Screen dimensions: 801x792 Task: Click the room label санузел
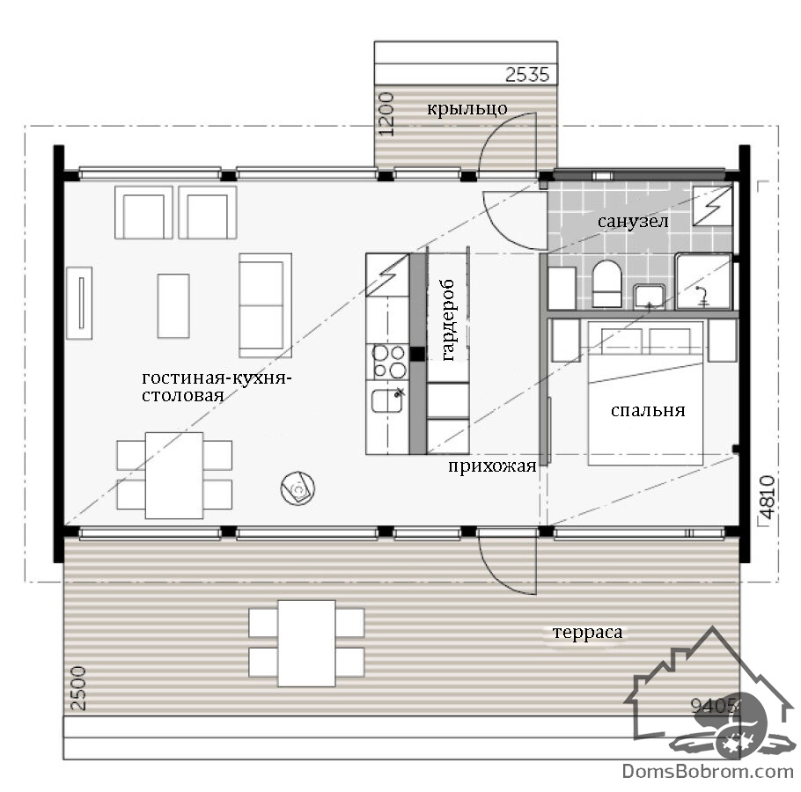[x=632, y=222]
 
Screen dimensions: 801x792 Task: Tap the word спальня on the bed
[x=647, y=411]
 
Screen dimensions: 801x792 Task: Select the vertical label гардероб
[x=447, y=320]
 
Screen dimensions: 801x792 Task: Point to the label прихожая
[x=492, y=466]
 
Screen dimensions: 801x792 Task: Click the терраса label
[x=587, y=632]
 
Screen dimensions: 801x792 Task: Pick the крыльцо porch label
[x=467, y=109]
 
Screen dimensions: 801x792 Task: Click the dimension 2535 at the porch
[x=527, y=75]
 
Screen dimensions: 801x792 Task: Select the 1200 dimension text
[x=387, y=114]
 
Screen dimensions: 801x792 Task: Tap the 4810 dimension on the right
[x=767, y=497]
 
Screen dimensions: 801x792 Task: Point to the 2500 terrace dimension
[x=77, y=688]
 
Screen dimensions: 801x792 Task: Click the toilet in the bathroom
[x=606, y=284]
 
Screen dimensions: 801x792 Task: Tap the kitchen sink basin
[x=387, y=401]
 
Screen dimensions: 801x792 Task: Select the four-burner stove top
[x=389, y=362]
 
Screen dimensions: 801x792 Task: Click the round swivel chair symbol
[x=298, y=488]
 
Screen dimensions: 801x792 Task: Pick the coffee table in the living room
[x=173, y=306]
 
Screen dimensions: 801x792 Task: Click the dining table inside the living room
[x=173, y=475]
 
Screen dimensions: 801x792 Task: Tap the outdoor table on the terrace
[x=306, y=643]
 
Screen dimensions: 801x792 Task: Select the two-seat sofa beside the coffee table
[x=265, y=305]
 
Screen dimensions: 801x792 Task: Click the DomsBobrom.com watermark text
[x=708, y=771]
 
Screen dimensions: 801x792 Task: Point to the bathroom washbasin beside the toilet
[x=649, y=297]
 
